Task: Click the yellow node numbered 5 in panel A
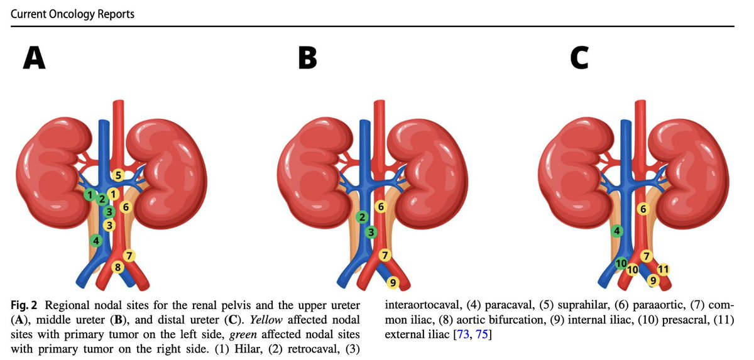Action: point(117,174)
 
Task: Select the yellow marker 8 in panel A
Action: point(117,268)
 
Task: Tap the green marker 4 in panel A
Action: point(96,240)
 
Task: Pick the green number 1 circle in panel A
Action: point(90,194)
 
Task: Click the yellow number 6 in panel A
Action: point(126,206)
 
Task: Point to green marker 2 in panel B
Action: point(361,217)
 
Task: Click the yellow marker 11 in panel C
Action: point(663,270)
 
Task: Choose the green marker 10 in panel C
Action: point(621,263)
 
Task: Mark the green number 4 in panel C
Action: point(616,231)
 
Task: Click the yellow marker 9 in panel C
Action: point(653,280)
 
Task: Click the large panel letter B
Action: point(307,58)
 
